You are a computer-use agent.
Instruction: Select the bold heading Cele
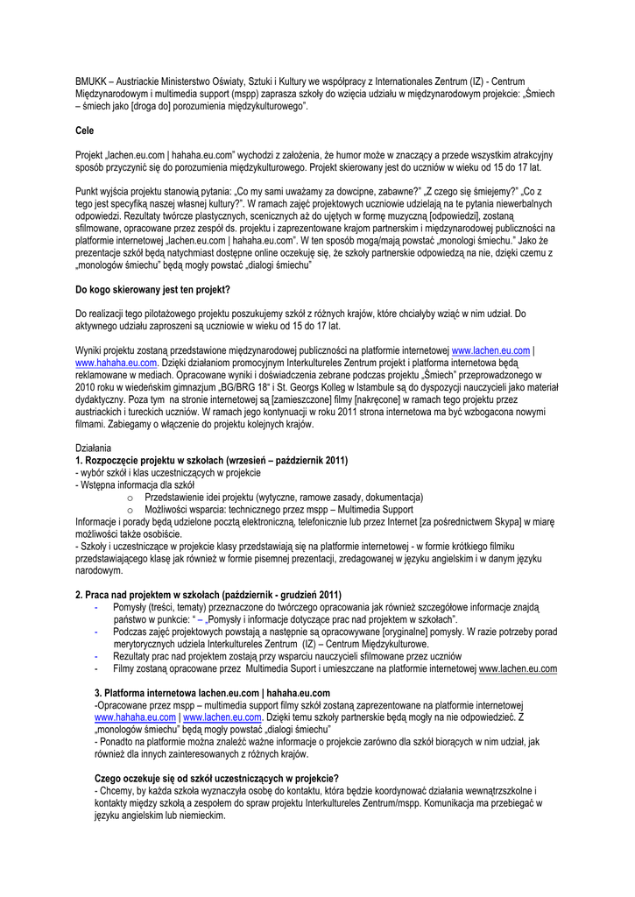(85, 131)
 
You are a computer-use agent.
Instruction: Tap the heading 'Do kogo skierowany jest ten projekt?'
(152, 289)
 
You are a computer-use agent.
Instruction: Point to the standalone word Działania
(94, 448)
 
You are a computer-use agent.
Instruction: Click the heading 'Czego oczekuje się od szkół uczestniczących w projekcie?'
(216, 779)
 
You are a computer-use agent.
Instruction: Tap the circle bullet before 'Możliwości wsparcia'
(130, 510)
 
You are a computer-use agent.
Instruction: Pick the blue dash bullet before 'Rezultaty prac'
(95, 656)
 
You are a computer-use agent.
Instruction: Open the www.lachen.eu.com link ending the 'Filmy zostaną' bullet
(518, 668)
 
